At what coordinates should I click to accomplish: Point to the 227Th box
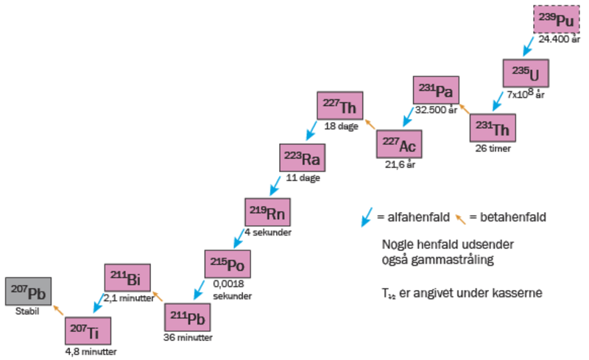point(340,105)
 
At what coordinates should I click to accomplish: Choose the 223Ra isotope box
point(303,158)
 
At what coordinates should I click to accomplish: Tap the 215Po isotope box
point(228,264)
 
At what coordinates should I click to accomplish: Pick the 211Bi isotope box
point(127,278)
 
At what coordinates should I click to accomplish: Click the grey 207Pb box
point(28,292)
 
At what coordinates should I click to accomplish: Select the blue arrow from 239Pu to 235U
point(526,47)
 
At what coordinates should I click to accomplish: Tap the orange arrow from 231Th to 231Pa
point(464,108)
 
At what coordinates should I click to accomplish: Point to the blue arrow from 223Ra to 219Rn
point(275,183)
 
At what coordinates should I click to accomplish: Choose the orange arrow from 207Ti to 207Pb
point(58,310)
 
